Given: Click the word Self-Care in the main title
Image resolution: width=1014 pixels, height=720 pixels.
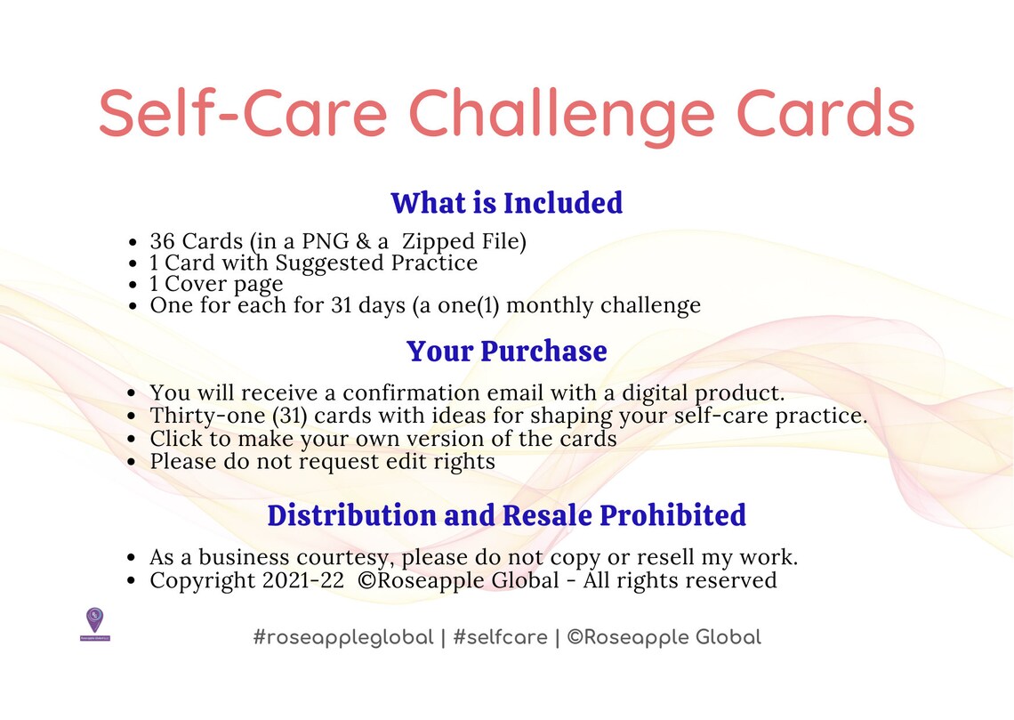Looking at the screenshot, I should click(243, 113).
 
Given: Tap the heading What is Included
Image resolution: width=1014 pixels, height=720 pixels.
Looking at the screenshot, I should click(506, 203).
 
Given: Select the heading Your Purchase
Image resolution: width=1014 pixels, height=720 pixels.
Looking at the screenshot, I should click(506, 351).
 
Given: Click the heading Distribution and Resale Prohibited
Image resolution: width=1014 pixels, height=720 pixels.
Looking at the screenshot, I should click(506, 515).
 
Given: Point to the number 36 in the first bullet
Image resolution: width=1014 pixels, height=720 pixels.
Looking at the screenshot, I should click(163, 241).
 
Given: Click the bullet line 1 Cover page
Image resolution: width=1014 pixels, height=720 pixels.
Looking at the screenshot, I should click(216, 284).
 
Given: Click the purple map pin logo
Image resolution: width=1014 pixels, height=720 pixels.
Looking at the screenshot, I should click(94, 622).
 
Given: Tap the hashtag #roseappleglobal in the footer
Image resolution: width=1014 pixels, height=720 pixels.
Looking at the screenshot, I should click(343, 637).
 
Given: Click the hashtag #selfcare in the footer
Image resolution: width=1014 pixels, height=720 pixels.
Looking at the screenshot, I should click(500, 637).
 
